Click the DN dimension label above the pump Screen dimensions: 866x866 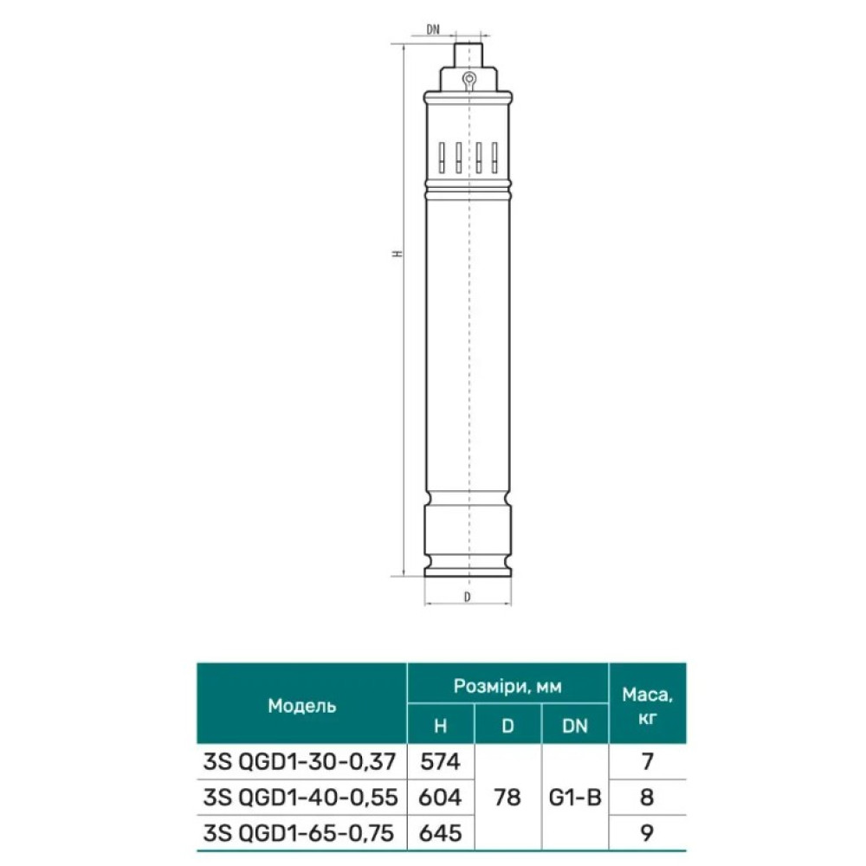tap(433, 29)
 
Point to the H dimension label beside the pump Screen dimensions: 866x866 tap(397, 254)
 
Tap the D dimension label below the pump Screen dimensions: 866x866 tap(468, 597)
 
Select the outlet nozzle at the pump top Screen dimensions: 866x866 tap(469, 55)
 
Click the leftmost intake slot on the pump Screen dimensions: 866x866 tap(442, 158)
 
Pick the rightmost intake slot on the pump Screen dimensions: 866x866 tap(494, 158)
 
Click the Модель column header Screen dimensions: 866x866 tap(302, 706)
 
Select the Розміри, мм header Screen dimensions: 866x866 tap(507, 686)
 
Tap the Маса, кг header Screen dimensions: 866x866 tap(647, 705)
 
